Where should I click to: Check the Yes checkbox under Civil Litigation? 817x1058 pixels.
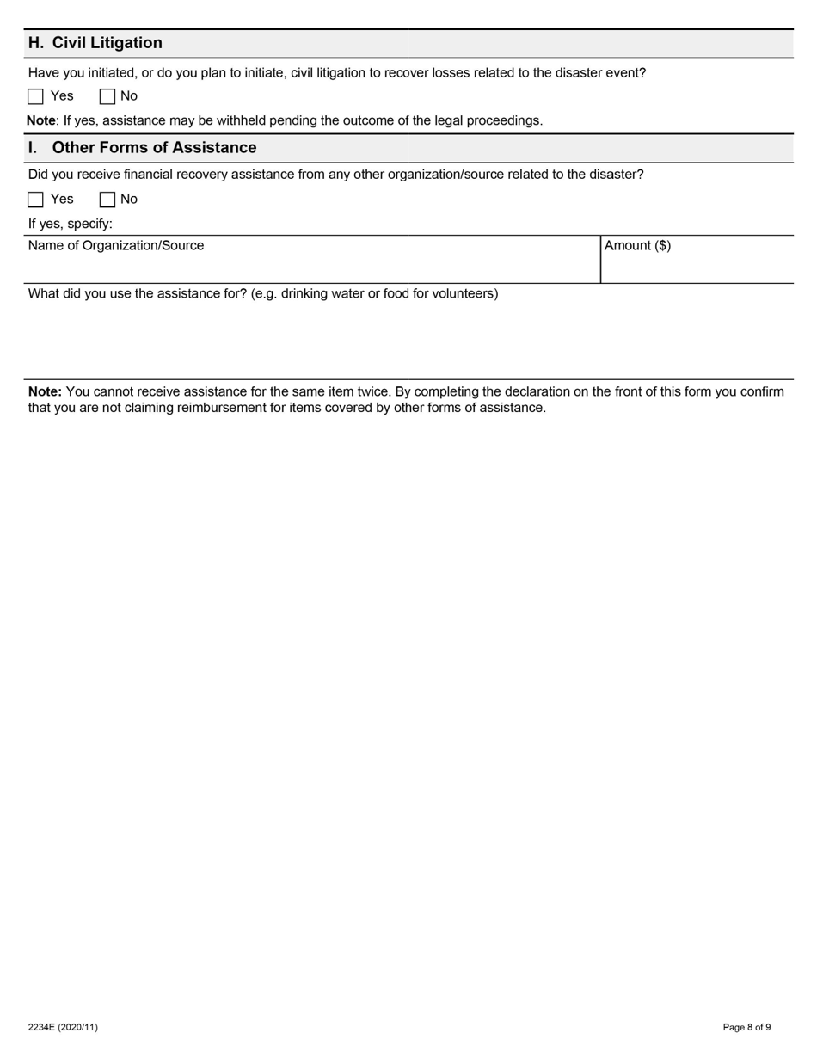coord(35,96)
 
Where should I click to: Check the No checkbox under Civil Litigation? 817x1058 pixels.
coord(107,96)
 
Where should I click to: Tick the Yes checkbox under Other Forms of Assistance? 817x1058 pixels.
coord(35,200)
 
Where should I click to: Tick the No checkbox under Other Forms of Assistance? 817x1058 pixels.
coord(107,200)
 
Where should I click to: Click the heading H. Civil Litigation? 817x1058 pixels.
coord(95,43)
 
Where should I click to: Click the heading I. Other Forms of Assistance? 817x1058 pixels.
coord(142,147)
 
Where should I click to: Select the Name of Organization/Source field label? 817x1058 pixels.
coord(116,245)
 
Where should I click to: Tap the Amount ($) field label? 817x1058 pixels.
coord(637,245)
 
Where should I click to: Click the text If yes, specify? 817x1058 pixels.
coord(71,224)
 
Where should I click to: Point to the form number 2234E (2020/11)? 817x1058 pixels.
coord(63,1027)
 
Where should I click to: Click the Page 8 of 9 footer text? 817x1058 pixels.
coord(746,1027)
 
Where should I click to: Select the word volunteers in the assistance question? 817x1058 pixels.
coord(464,293)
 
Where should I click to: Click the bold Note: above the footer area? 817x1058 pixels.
coord(45,391)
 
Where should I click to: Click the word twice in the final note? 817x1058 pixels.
coord(372,391)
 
